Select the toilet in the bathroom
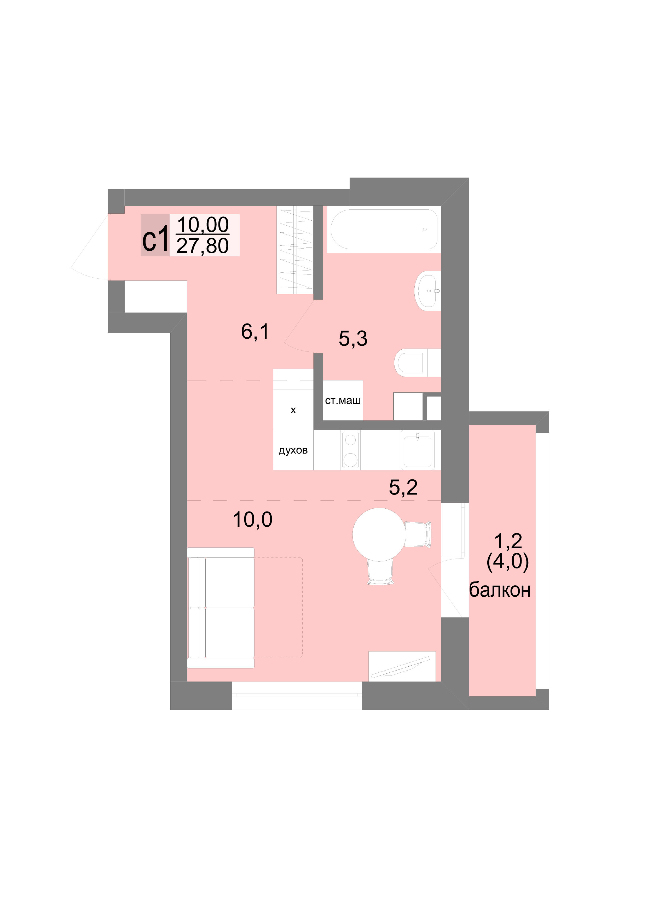(x=418, y=363)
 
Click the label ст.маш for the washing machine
(x=343, y=401)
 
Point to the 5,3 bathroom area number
(x=353, y=338)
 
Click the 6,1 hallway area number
(x=255, y=331)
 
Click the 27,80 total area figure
(x=202, y=246)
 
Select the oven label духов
(x=293, y=450)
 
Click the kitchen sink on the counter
(x=418, y=450)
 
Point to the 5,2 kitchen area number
(x=403, y=487)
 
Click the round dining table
(x=379, y=535)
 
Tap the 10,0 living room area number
(x=253, y=519)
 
